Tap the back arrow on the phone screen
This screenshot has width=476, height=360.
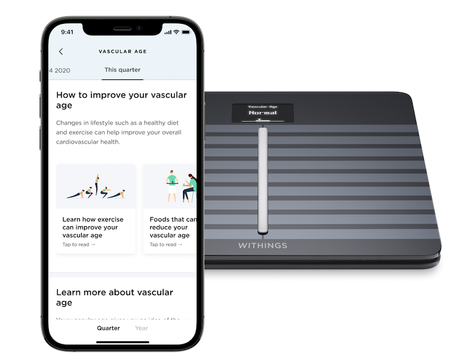click(61, 52)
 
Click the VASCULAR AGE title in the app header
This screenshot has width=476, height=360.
click(123, 52)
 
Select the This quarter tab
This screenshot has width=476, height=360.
click(123, 70)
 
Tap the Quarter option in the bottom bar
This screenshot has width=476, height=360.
click(108, 328)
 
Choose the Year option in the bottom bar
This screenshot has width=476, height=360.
click(141, 328)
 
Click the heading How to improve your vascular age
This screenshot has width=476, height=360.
click(121, 100)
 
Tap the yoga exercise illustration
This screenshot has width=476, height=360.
click(96, 187)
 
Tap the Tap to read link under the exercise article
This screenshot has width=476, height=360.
click(79, 244)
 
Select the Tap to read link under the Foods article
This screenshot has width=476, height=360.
click(166, 244)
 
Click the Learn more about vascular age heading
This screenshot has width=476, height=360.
click(115, 298)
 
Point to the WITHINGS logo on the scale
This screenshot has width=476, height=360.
click(262, 246)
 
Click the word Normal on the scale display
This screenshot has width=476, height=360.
click(263, 113)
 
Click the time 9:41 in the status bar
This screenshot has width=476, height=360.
click(67, 32)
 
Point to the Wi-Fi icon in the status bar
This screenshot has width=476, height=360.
click(176, 32)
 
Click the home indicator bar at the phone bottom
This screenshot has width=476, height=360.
click(123, 342)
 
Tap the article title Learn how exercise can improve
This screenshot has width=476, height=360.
click(92, 227)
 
